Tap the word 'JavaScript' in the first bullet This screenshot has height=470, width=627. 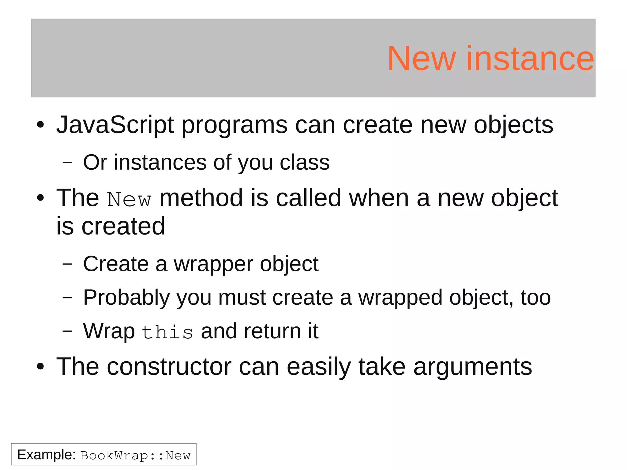[115, 125]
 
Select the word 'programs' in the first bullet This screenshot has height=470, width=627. [235, 126]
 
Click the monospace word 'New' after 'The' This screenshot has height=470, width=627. [129, 200]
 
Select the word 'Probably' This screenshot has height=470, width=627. [126, 298]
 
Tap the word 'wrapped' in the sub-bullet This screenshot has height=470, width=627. [400, 298]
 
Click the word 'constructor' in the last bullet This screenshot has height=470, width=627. [169, 367]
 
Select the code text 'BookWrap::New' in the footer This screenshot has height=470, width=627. [135, 456]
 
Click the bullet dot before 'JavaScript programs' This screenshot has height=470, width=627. [40, 125]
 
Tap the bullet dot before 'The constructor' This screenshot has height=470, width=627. [40, 367]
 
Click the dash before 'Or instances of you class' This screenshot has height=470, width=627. [67, 163]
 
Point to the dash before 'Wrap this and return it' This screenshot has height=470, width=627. [67, 331]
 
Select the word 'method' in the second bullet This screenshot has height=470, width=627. [201, 198]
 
